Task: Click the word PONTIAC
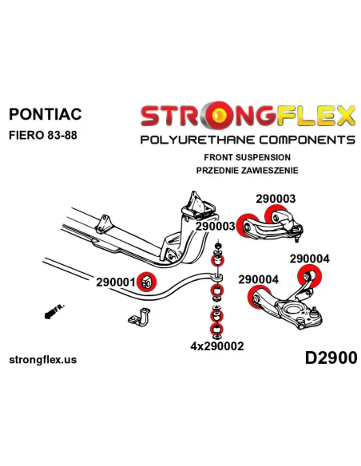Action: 46,114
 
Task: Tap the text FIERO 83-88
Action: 43,135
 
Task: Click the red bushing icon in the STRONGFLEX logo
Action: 220,114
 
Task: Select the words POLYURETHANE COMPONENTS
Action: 248,140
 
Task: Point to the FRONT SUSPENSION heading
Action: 247,157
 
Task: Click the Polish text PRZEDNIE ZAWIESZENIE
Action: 247,171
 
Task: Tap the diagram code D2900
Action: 331,357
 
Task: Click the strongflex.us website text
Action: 43,360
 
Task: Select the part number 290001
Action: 116,282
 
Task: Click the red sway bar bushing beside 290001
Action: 147,282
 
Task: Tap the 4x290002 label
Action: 217,346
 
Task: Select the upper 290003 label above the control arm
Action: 276,199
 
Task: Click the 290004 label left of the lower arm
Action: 258,279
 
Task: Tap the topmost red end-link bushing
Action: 217,260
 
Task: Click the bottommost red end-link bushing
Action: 217,329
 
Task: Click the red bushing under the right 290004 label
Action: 309,276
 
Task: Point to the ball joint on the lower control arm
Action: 314,313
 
